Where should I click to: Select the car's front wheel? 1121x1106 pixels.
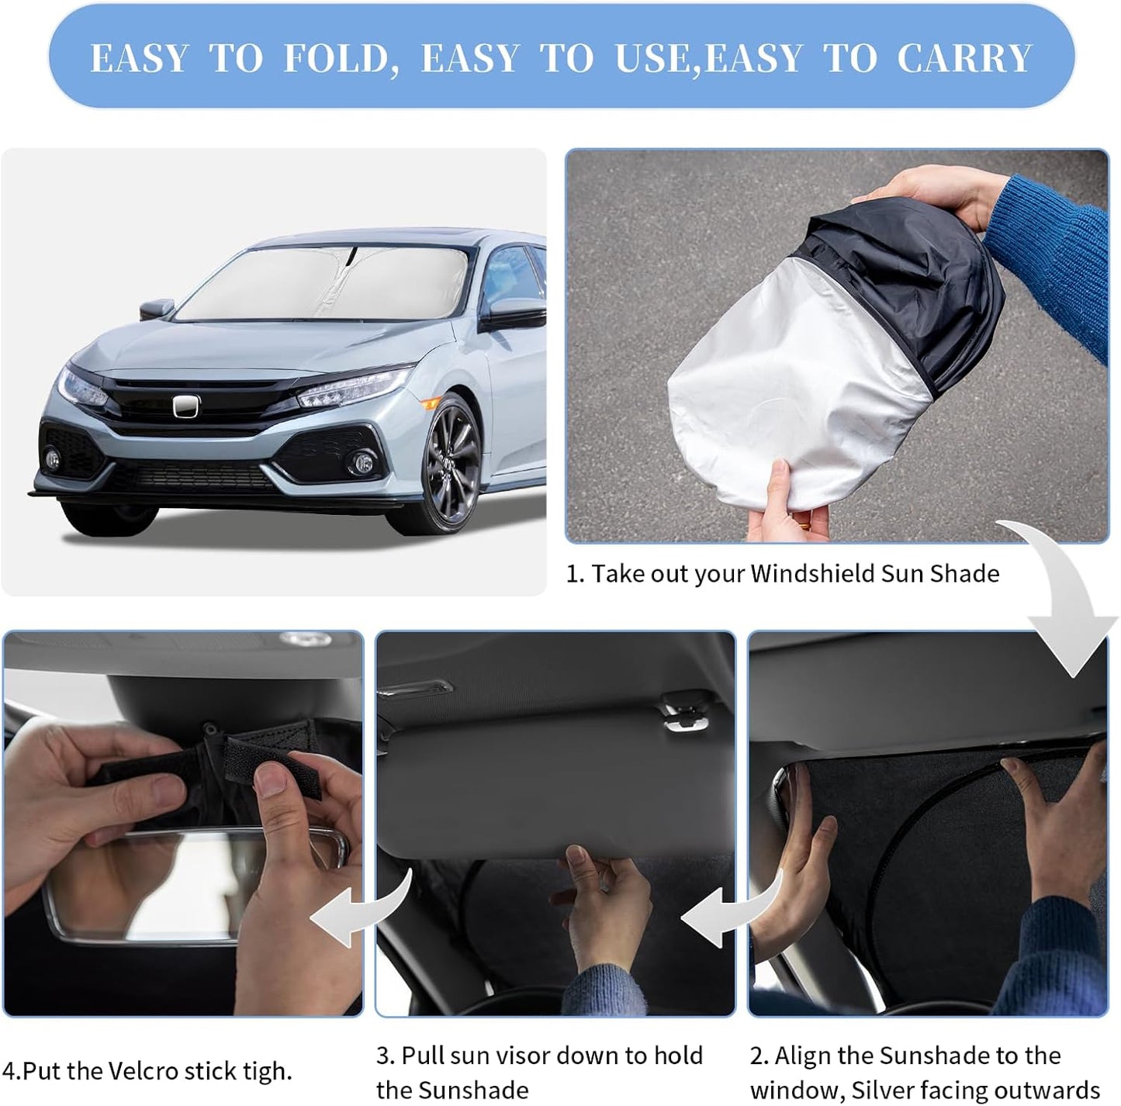[451, 465]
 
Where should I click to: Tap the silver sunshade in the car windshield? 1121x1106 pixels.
[326, 287]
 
